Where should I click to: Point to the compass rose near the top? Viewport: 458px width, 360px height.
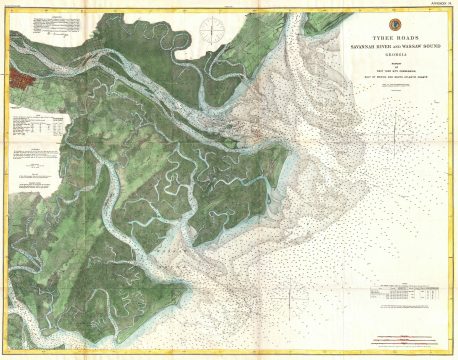pyautogui.click(x=212, y=27)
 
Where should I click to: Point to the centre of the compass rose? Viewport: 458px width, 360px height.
pyautogui.click(x=212, y=27)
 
